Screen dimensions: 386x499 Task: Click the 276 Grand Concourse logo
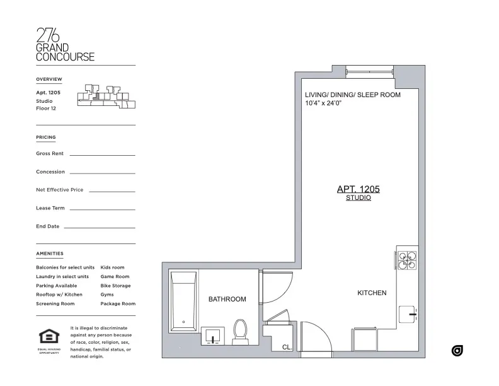[x=65, y=45]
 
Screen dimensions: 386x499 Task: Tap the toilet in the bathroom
[x=240, y=332]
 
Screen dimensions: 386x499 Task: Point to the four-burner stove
[x=406, y=260]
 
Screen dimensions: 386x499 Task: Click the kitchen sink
[x=408, y=313]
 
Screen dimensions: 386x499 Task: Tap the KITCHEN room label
[x=372, y=293]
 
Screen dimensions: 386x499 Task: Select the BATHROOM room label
[x=227, y=299]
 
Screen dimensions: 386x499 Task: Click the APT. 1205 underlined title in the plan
[x=358, y=189]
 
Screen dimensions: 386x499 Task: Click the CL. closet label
[x=286, y=347]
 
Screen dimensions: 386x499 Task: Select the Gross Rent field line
[x=102, y=155]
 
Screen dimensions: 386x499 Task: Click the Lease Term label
[x=50, y=208]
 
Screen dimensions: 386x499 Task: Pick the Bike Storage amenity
[x=115, y=286]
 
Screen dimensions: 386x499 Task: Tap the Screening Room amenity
[x=55, y=304]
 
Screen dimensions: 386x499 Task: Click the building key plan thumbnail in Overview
[x=106, y=96]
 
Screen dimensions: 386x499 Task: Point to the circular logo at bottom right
[x=457, y=351]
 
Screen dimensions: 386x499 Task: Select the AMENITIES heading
[x=50, y=254]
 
